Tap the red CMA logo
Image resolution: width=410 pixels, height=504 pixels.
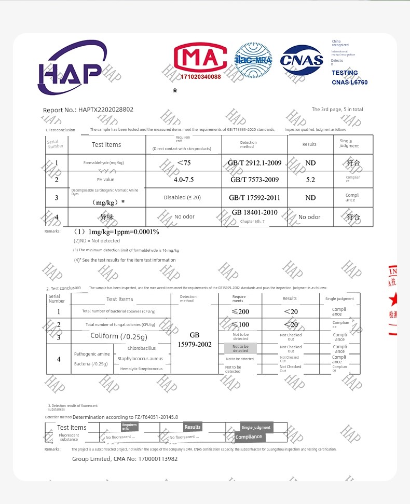[x=200, y=58]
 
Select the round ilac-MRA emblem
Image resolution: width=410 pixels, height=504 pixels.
[x=253, y=60]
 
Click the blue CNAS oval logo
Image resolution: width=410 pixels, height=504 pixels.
[x=302, y=60]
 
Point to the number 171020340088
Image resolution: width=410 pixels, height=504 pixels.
[x=200, y=77]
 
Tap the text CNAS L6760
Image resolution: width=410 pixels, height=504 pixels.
[x=349, y=82]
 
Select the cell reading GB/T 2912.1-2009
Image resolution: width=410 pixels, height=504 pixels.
[x=254, y=163]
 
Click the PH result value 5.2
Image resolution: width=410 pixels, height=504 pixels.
[x=310, y=180]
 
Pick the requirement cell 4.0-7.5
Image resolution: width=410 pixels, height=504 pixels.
[x=183, y=180]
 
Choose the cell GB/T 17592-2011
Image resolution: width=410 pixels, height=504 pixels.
[x=254, y=198]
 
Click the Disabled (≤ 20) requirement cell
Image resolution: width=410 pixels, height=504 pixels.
[x=182, y=198]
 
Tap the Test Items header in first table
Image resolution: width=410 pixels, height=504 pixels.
[x=106, y=145]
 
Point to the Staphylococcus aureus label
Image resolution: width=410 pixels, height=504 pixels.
[x=140, y=359]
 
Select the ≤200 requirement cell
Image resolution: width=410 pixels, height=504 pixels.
[x=240, y=311]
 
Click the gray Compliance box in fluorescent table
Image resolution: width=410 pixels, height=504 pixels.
[x=249, y=437]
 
